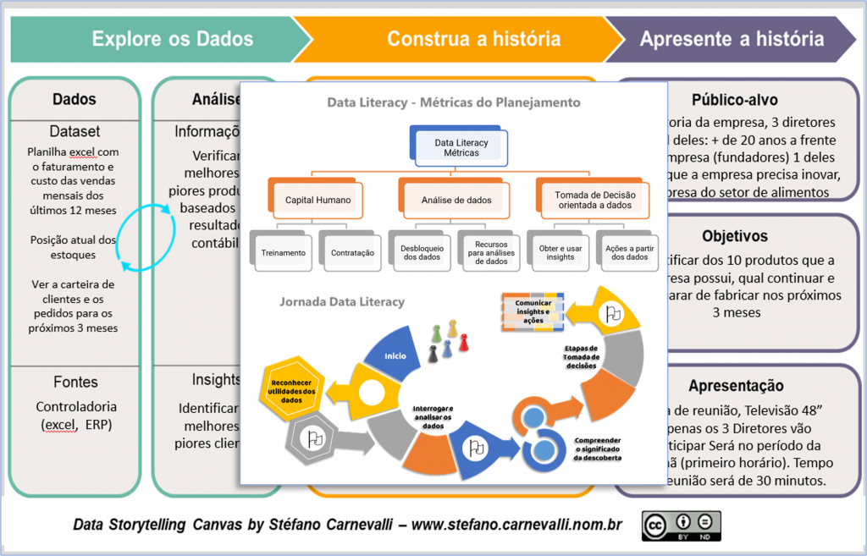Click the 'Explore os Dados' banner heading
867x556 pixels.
pos(172,39)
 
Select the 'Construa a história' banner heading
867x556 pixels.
pos(472,39)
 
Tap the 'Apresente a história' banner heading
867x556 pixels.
pos(731,39)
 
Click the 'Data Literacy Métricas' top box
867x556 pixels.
pos(461,147)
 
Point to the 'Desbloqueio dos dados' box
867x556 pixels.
pos(421,252)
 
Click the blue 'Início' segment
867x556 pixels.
pos(395,356)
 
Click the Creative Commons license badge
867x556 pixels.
pos(681,526)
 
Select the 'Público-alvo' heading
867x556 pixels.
pos(734,100)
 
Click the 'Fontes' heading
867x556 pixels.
pos(75,382)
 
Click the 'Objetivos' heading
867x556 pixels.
pos(734,236)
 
